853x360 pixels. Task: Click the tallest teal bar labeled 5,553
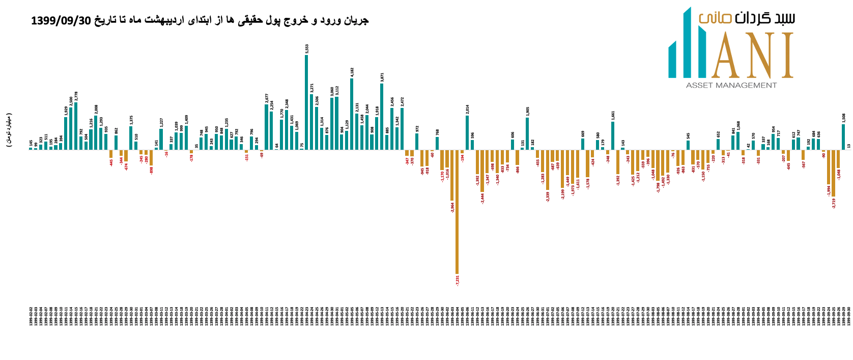(306, 102)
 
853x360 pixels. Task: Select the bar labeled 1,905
(527, 133)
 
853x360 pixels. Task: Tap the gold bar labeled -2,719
(834, 173)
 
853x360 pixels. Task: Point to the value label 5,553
(307, 49)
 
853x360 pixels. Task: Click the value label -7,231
(458, 280)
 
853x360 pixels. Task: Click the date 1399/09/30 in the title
(61, 20)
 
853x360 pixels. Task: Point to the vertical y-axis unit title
(9, 130)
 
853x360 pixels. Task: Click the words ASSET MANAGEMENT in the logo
(731, 85)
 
